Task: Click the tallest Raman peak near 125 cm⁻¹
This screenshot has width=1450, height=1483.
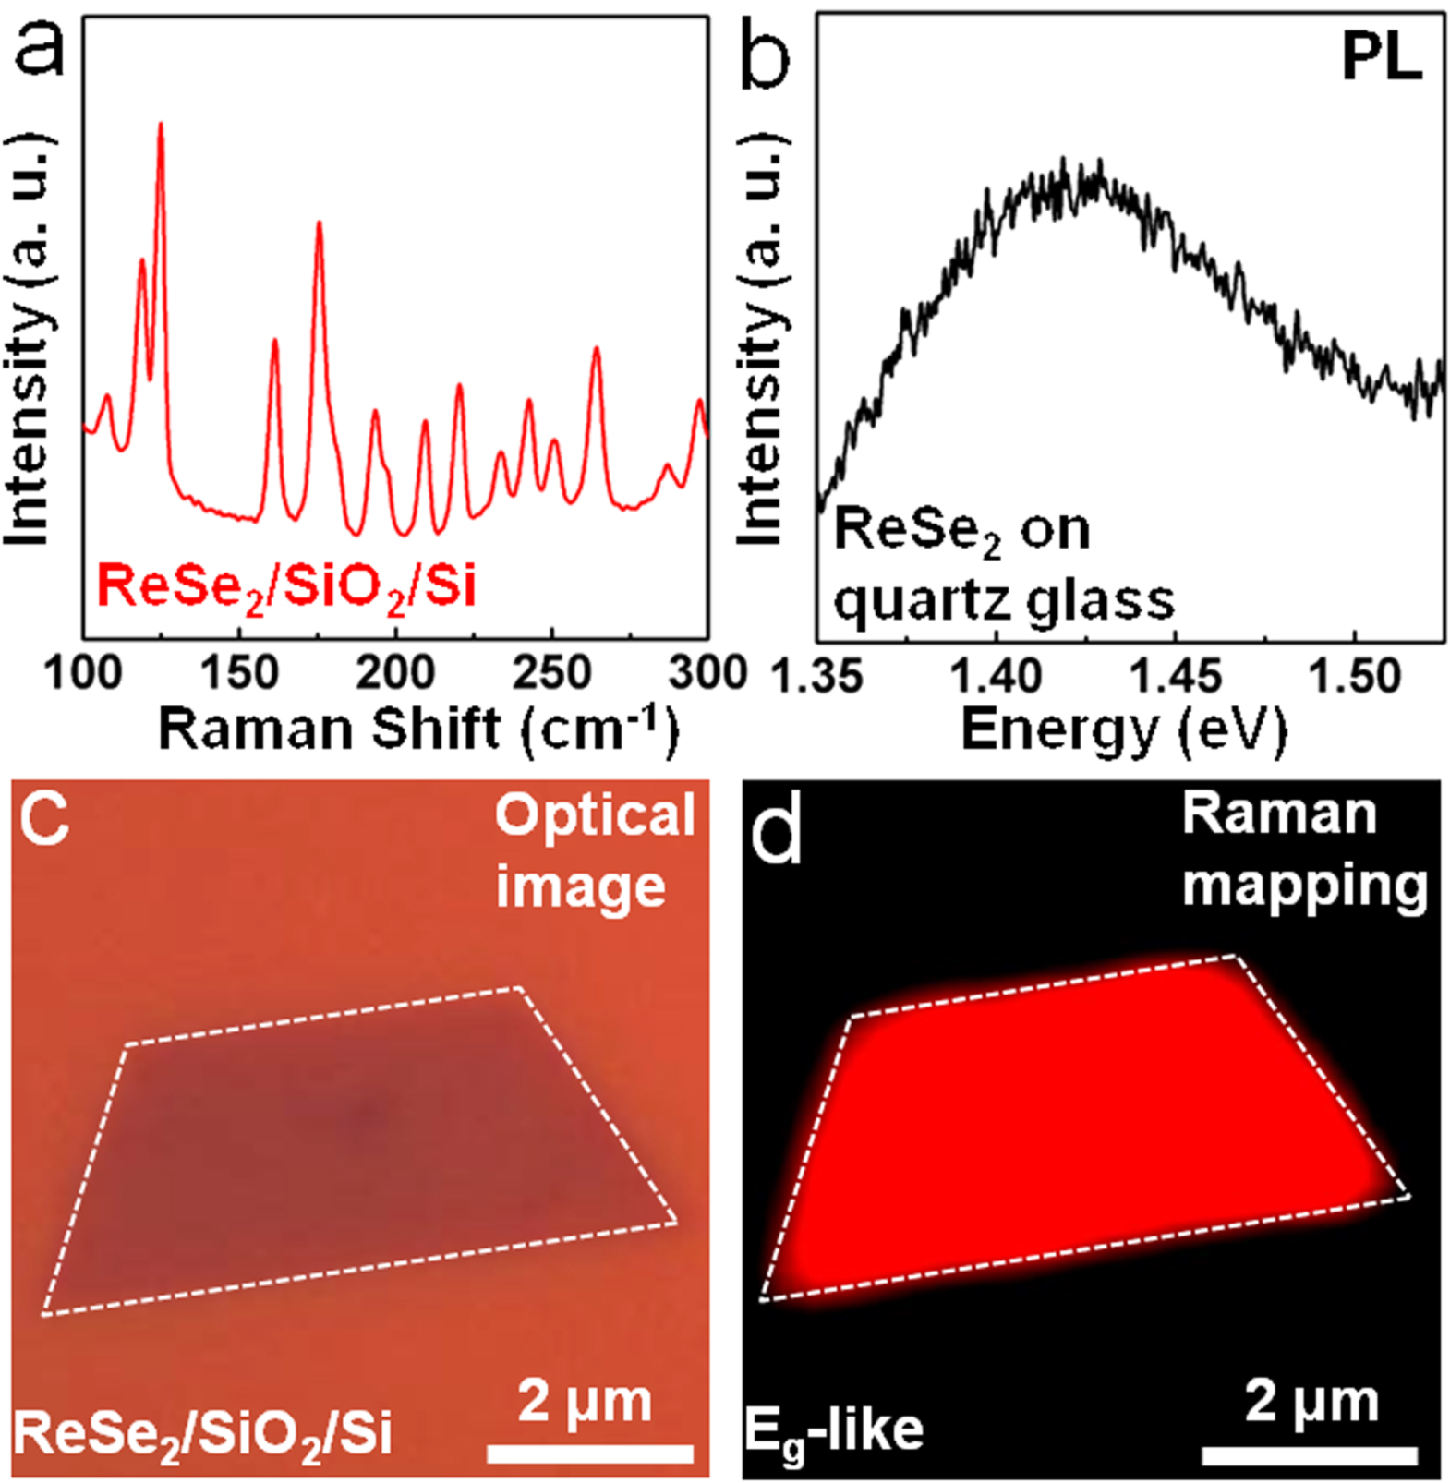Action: pos(161,125)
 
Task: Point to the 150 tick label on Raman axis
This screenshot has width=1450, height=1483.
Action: pos(239,673)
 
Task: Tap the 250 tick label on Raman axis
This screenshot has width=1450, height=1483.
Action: pos(552,673)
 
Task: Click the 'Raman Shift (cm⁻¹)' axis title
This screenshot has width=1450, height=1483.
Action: pos(417,729)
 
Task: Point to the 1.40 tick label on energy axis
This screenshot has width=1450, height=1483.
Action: pos(996,677)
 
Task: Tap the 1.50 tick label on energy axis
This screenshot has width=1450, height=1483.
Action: pos(1354,677)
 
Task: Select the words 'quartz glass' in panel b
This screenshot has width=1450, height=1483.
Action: pos(1003,600)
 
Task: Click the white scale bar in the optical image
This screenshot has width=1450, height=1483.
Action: pos(590,1453)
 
